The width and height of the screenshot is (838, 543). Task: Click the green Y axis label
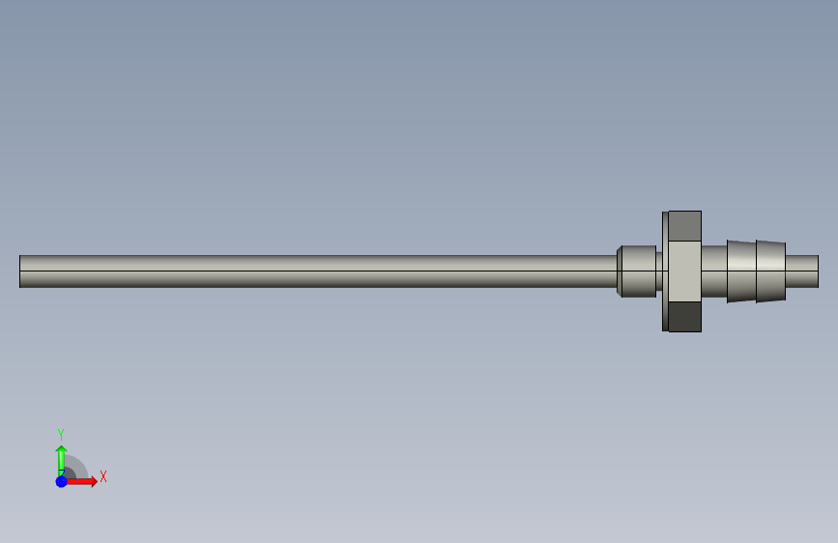[x=61, y=435]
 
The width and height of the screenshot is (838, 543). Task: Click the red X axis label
[x=103, y=476]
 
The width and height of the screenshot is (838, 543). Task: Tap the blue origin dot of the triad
[x=62, y=481]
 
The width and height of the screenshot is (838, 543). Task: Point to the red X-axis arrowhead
[x=94, y=481]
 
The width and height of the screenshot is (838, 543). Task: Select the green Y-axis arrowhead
[x=62, y=449]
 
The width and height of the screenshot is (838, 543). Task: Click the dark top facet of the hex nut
[x=684, y=226]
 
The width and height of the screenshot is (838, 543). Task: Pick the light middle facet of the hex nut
[x=684, y=271]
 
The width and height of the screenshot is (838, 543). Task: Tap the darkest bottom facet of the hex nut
[x=684, y=316]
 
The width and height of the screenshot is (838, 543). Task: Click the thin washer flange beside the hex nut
[x=665, y=271]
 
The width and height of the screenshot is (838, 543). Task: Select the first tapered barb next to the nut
[x=741, y=271]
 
